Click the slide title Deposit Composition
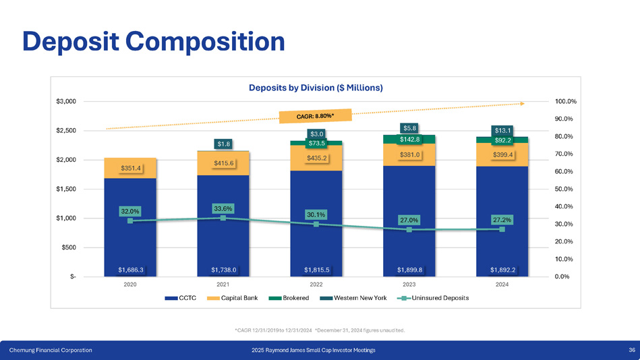click(x=153, y=42)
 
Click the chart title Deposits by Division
click(x=316, y=88)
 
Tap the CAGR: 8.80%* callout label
click(x=316, y=117)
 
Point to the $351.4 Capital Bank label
click(x=131, y=168)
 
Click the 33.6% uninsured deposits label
click(x=223, y=209)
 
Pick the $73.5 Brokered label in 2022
click(x=317, y=143)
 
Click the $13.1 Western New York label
click(x=502, y=131)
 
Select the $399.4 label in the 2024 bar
click(x=502, y=154)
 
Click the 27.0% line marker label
click(x=409, y=220)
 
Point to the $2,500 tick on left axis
click(x=65, y=131)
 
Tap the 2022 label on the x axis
click(x=316, y=284)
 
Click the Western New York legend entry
click(x=359, y=298)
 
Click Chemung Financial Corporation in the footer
click(x=51, y=350)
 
